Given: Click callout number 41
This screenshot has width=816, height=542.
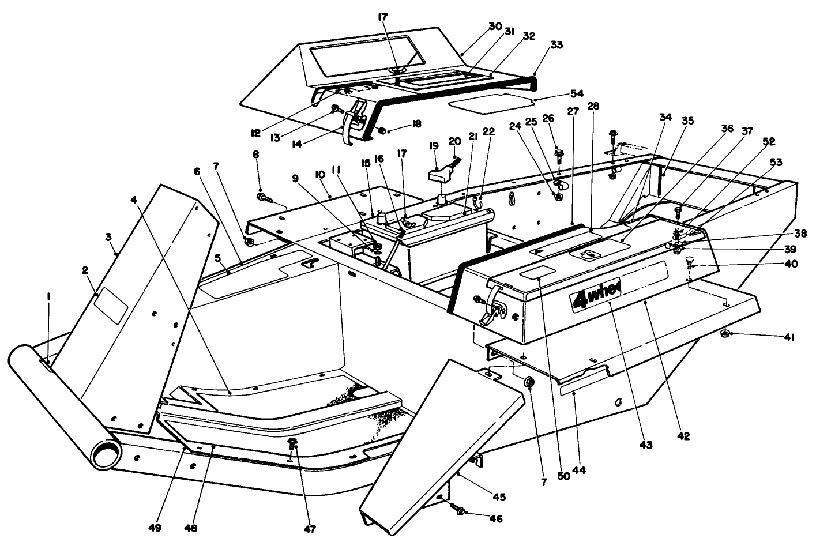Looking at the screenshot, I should pos(788,337).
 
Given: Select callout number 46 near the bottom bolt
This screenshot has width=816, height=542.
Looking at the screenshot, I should pos(495,518).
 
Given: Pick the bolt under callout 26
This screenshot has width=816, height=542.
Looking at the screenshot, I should pos(558,155).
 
